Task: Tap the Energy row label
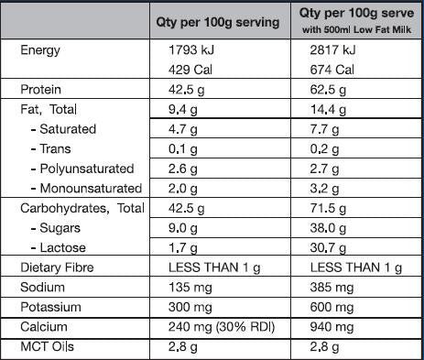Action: click(x=40, y=51)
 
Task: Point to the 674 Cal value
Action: click(x=332, y=70)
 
